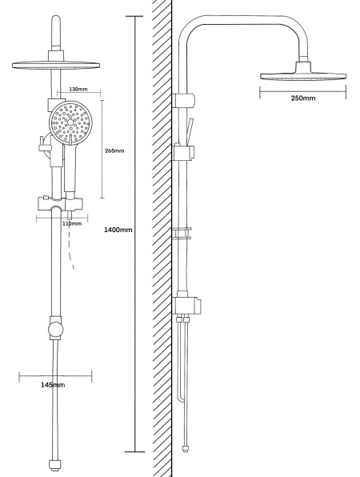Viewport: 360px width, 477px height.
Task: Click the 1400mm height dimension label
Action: tap(118, 230)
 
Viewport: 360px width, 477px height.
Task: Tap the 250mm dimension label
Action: tap(303, 98)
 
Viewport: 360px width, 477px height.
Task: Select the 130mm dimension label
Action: tap(78, 89)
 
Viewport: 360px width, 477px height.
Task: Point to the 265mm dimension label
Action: tap(114, 150)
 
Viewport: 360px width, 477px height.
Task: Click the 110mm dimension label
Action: tap(72, 223)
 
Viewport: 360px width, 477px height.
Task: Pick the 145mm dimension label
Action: tap(53, 385)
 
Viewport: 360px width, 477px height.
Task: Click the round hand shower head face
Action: tap(70, 122)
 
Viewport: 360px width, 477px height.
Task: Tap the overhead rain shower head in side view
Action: tap(303, 73)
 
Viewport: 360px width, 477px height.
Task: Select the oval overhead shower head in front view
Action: tap(56, 65)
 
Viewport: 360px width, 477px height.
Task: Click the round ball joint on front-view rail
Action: tap(56, 330)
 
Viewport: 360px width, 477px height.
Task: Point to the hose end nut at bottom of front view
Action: tap(55, 464)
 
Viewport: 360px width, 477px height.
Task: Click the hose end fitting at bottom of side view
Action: tap(186, 449)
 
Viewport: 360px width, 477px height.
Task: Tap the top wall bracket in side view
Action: tap(183, 100)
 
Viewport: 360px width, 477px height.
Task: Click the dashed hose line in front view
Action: tap(71, 247)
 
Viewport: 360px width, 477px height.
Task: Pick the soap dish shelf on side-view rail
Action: tap(182, 233)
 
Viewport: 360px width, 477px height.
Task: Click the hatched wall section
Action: tap(162, 238)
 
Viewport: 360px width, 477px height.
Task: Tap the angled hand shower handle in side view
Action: tap(190, 131)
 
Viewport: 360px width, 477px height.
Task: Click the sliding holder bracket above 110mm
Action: tap(60, 204)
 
